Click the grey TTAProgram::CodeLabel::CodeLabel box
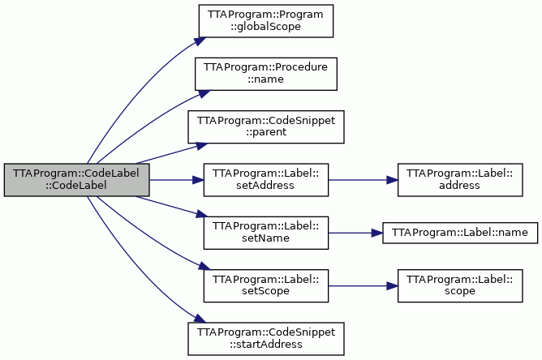(x=77, y=180)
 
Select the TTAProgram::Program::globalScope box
(x=266, y=21)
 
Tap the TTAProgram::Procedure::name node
(x=266, y=74)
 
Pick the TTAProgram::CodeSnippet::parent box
(x=266, y=126)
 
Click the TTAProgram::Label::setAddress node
(x=266, y=180)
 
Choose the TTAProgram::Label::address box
(x=460, y=180)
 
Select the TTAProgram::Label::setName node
(x=266, y=233)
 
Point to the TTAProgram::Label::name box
(x=460, y=233)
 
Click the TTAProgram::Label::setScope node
(x=266, y=285)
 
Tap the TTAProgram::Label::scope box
(x=460, y=285)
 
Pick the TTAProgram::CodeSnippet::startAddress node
(x=266, y=339)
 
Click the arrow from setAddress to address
(x=363, y=180)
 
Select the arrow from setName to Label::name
(x=355, y=233)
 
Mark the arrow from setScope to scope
(x=363, y=285)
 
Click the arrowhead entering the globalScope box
(x=200, y=41)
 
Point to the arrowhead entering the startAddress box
(x=200, y=319)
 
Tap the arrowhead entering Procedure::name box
(x=204, y=93)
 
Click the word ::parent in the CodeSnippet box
(x=266, y=132)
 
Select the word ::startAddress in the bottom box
(x=266, y=344)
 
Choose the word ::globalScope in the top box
(x=266, y=26)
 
